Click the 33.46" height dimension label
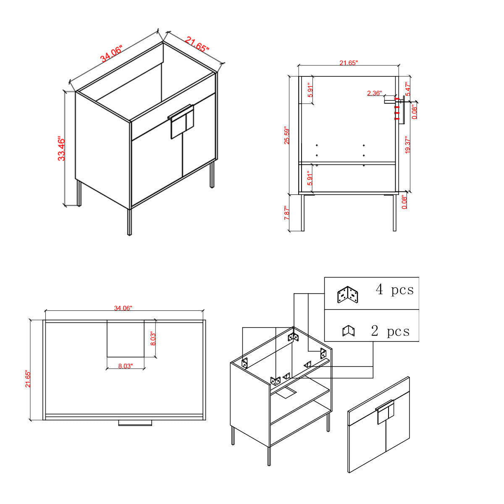click(x=61, y=148)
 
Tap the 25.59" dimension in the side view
click(x=287, y=136)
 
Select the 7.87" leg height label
click(x=287, y=213)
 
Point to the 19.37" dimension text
click(x=407, y=144)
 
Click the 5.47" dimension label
click(x=408, y=89)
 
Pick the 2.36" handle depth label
click(x=374, y=93)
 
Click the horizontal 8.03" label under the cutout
click(x=126, y=366)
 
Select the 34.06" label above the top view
click(x=123, y=308)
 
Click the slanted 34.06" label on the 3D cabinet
click(x=111, y=54)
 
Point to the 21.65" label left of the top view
click(x=28, y=379)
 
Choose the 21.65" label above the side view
click(x=349, y=63)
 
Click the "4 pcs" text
click(x=395, y=289)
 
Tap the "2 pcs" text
click(x=390, y=331)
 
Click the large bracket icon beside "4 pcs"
click(x=348, y=294)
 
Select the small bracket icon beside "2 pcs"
click(x=348, y=331)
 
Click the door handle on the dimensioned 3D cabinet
click(x=181, y=122)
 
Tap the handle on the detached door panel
click(x=385, y=412)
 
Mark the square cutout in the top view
click(x=126, y=339)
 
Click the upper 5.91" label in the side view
click(x=310, y=90)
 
